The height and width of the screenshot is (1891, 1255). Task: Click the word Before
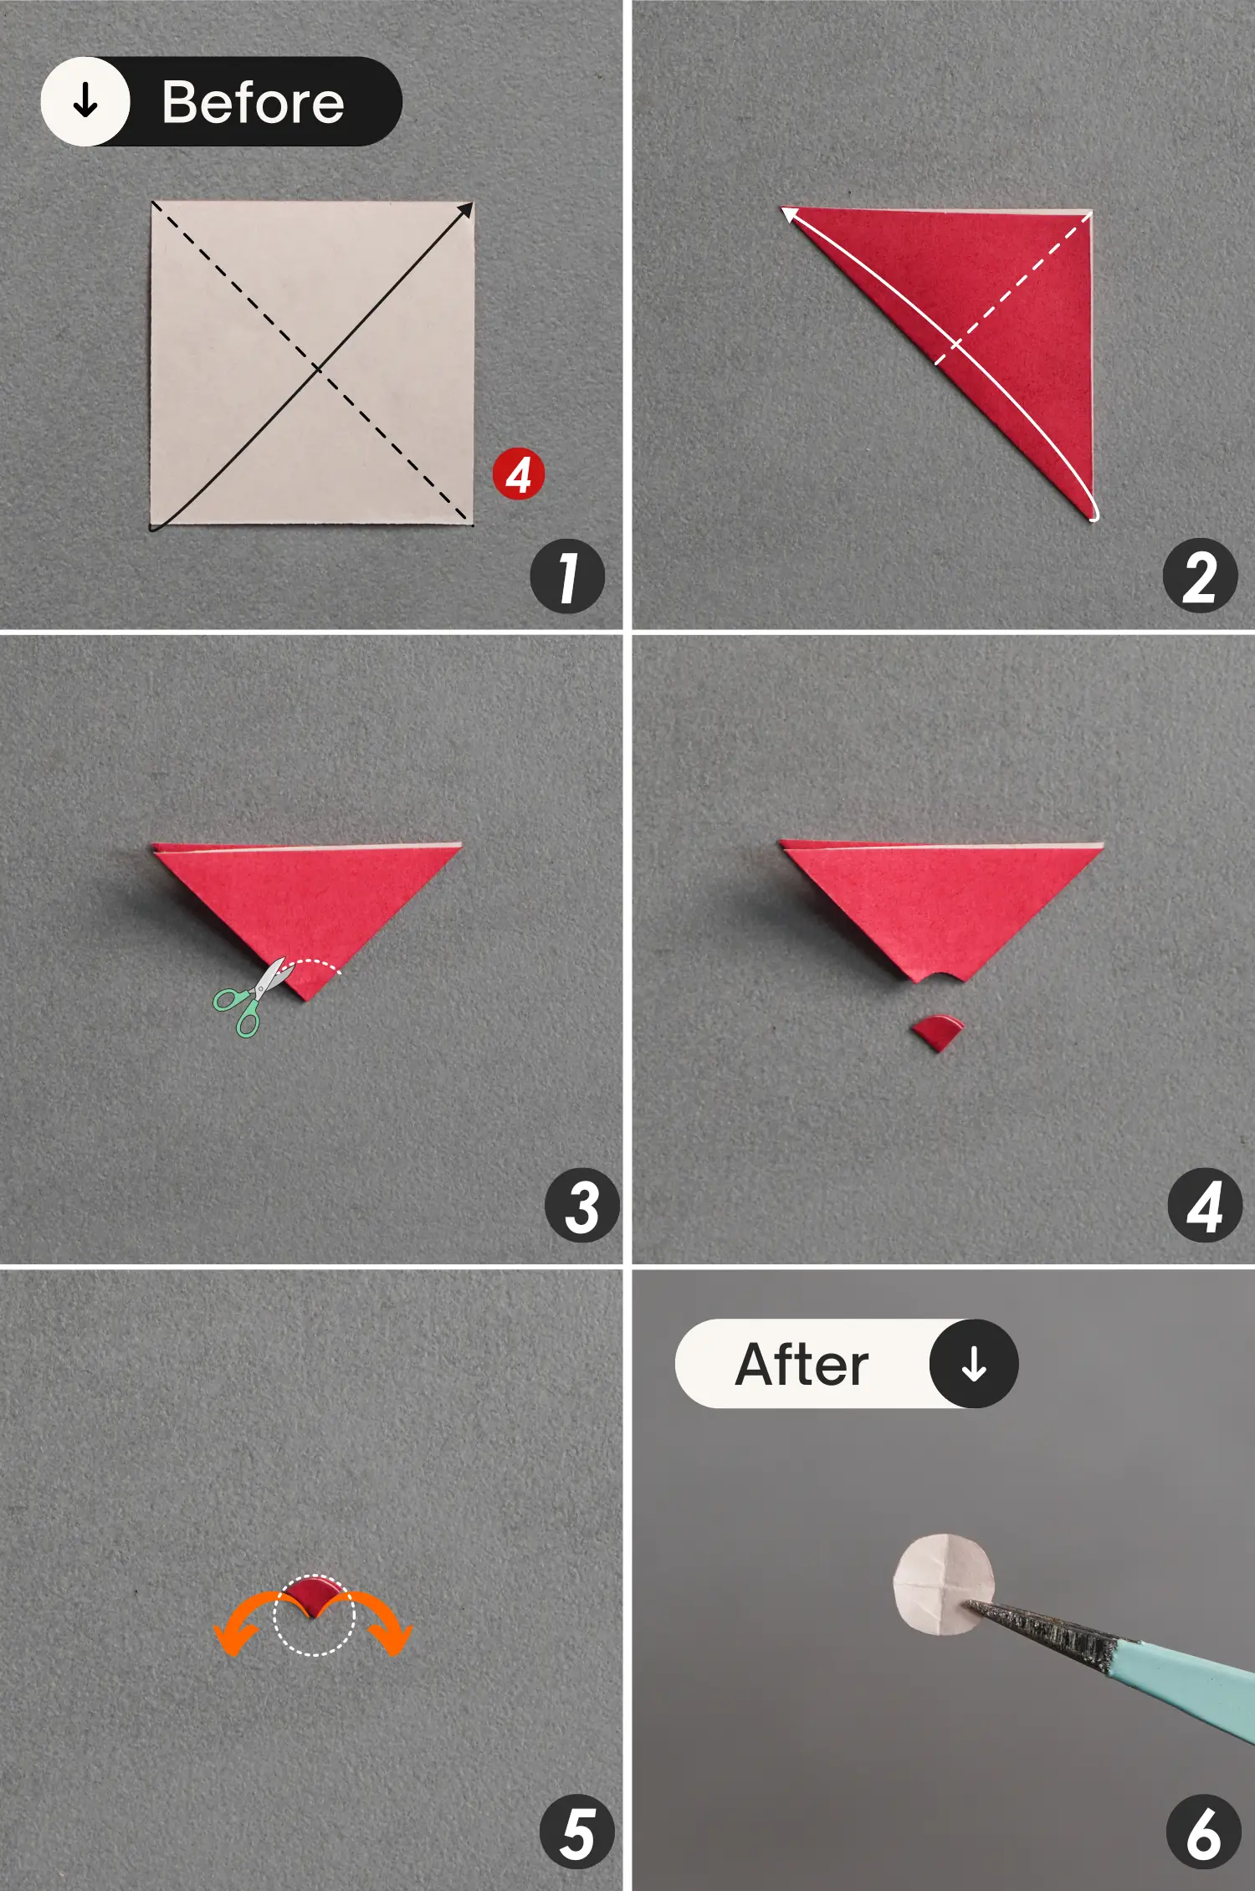(253, 103)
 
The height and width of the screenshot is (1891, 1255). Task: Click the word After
(802, 1365)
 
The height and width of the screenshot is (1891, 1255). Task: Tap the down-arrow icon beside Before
(85, 102)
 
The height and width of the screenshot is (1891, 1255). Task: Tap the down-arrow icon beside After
(973, 1364)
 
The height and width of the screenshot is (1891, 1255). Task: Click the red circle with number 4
(518, 474)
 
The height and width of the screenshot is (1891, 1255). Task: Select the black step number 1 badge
(567, 577)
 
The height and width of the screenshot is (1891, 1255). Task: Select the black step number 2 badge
(1200, 577)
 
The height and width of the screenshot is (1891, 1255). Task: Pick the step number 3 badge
(581, 1206)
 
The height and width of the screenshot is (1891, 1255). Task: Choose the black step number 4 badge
(1204, 1206)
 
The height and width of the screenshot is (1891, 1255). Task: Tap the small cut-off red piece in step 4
(938, 1032)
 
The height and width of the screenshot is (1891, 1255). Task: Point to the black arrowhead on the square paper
(465, 209)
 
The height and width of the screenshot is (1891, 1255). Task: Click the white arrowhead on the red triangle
(789, 215)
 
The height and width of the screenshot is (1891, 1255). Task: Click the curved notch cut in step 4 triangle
(938, 976)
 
